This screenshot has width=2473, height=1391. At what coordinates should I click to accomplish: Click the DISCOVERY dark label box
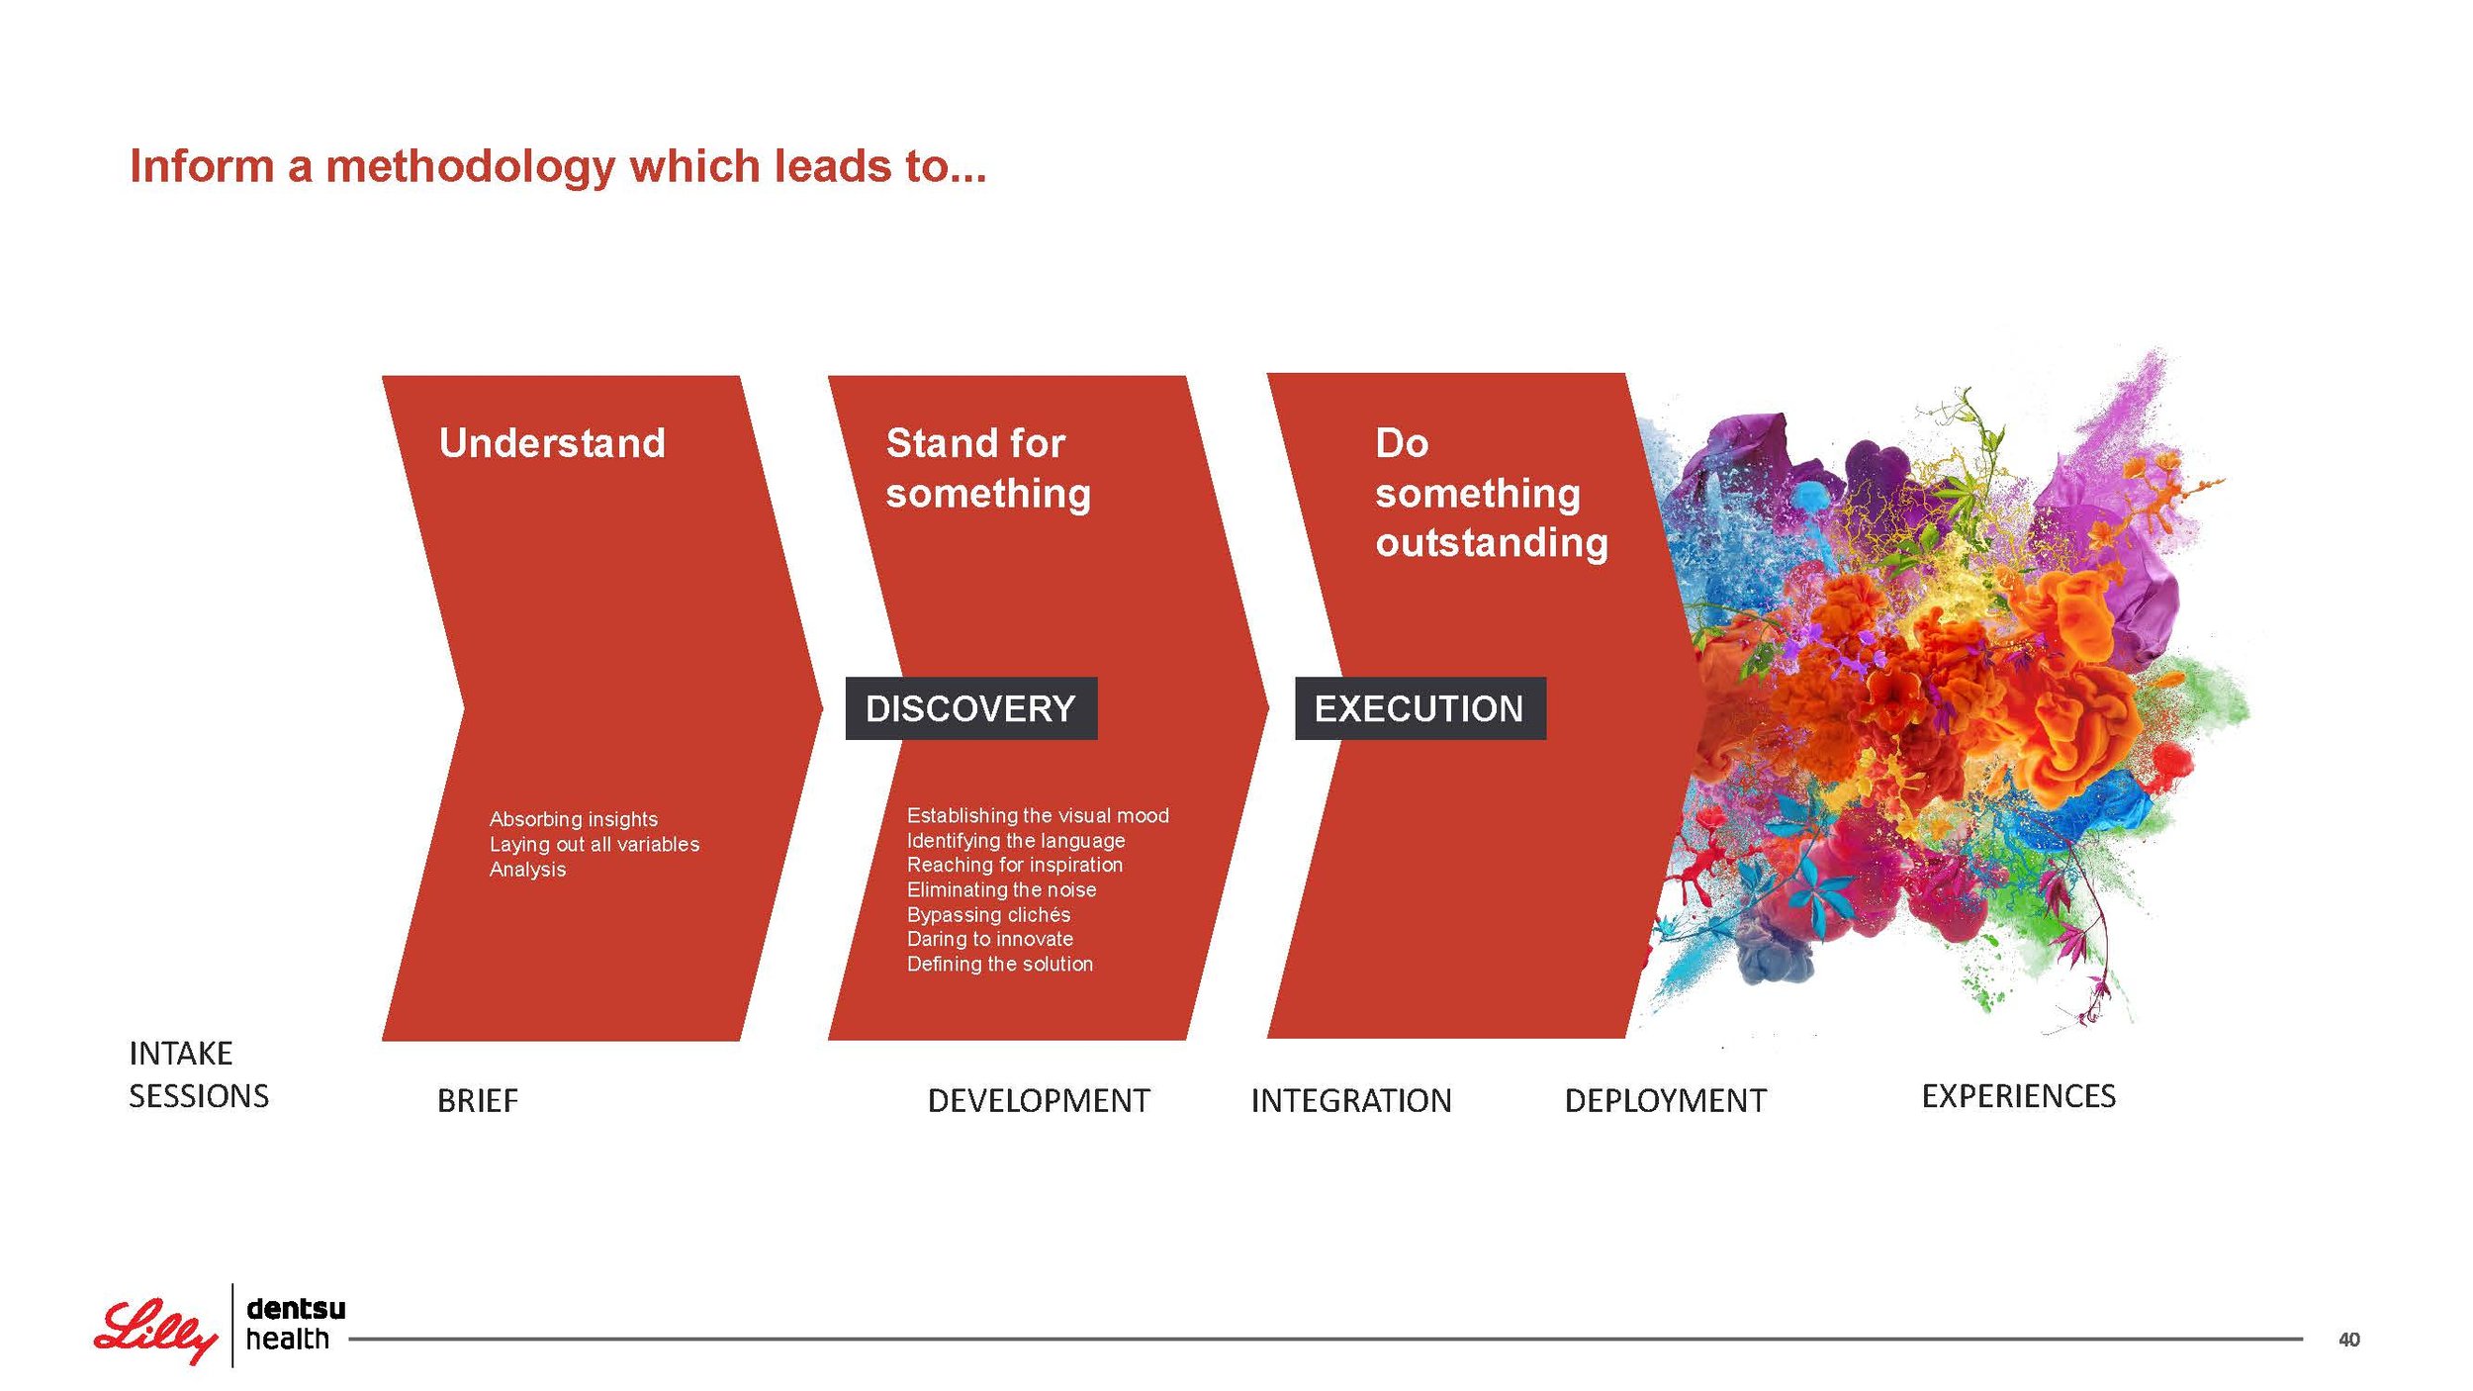point(970,708)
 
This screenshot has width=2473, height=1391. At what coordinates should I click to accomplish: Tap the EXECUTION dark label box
point(1420,708)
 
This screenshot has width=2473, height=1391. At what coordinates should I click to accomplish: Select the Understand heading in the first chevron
point(552,443)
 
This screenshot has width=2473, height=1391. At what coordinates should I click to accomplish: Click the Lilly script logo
point(155,1331)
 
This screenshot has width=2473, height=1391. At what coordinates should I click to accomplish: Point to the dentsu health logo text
point(296,1324)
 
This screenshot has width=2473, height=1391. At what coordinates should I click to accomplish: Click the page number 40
point(2348,1340)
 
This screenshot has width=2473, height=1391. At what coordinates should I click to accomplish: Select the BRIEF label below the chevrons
point(478,1100)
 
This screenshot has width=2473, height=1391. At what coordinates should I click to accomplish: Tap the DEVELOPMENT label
point(1039,1100)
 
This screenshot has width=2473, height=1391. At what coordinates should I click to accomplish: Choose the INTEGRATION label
point(1351,1100)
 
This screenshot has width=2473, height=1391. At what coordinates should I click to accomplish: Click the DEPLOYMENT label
point(1666,1100)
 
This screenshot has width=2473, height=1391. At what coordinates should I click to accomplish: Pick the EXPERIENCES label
point(2018,1096)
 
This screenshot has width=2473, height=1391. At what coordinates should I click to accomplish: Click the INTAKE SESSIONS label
point(199,1074)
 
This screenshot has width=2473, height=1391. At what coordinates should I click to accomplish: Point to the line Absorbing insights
point(574,819)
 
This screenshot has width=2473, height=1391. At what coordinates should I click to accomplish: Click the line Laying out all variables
point(595,844)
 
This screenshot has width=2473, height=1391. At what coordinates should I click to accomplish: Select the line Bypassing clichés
point(988,914)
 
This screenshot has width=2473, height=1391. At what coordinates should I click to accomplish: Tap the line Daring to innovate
point(990,939)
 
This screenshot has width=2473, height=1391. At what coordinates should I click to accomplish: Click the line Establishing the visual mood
point(1038,815)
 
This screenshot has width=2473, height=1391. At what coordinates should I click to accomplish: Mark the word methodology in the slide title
point(471,167)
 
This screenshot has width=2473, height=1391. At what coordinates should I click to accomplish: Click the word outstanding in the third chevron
point(1492,543)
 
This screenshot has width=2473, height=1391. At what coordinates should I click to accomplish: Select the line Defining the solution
point(1000,964)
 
